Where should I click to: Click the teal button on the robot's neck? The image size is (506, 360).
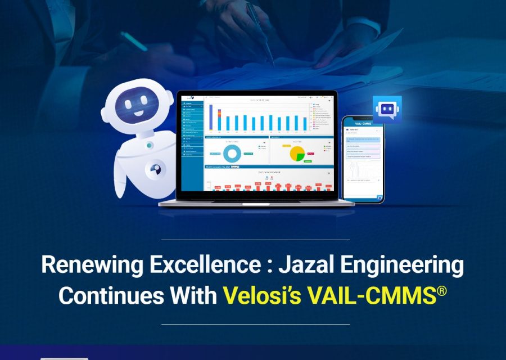(x=150, y=145)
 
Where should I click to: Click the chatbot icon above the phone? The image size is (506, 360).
(x=387, y=109)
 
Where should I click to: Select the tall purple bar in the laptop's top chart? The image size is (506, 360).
(x=211, y=116)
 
